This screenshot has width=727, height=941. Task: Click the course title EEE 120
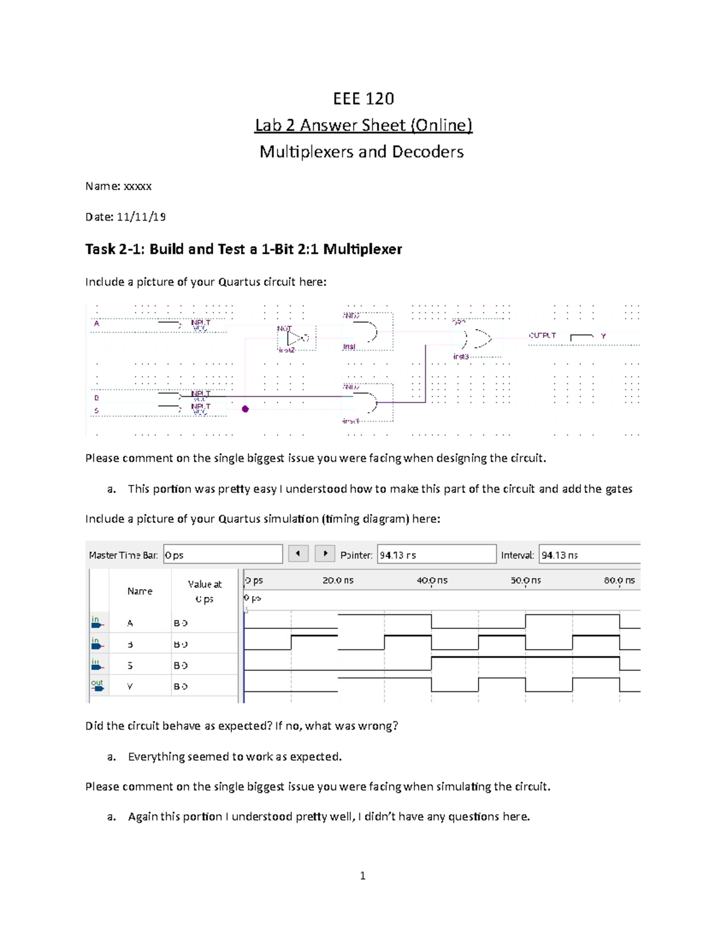point(363,98)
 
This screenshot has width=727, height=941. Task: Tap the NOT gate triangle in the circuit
point(296,338)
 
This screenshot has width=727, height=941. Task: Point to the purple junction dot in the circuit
point(245,409)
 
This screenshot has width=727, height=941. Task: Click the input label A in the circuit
point(96,324)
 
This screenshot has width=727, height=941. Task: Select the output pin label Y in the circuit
point(603,336)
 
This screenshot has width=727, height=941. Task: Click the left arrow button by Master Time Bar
point(298,553)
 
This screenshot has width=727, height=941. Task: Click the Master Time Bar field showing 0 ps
point(222,554)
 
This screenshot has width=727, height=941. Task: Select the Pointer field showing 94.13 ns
point(436,554)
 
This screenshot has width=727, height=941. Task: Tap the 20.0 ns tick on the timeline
point(337,580)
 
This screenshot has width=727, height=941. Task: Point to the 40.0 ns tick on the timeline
point(431,580)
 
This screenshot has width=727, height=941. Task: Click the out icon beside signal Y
point(98,686)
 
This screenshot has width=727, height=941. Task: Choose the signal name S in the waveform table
point(130,665)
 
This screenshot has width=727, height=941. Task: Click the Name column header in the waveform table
point(140,591)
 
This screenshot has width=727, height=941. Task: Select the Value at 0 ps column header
point(204,591)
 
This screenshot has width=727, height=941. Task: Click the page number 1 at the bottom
point(362,876)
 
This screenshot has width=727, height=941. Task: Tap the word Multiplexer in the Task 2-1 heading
point(362,249)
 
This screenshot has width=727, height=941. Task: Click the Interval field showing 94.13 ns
point(589,554)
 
